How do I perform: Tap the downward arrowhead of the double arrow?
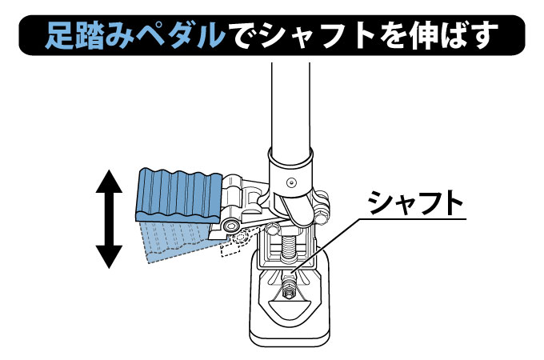(110, 256)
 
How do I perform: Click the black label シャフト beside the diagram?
(415, 205)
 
